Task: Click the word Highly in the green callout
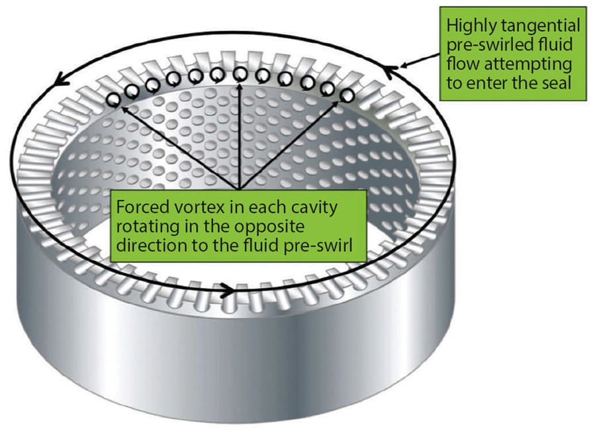coord(467,26)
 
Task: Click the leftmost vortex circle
coord(114,99)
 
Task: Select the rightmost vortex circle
coord(346,95)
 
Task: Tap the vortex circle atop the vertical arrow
coord(240,73)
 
